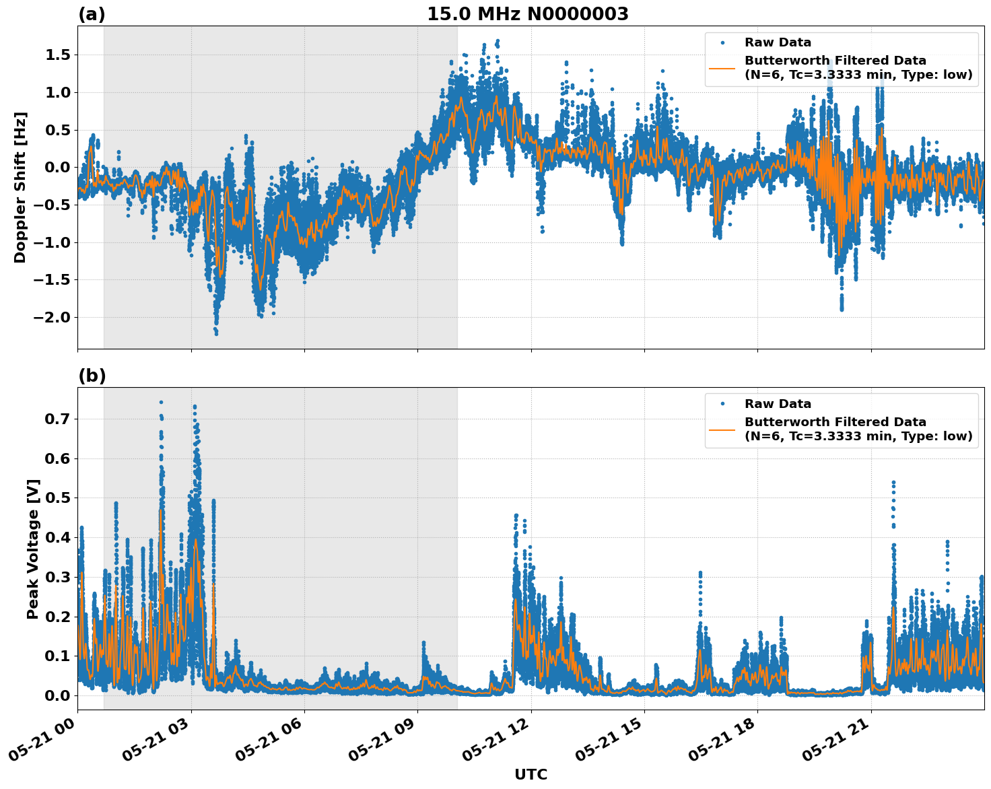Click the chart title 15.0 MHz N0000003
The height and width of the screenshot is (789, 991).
coord(527,14)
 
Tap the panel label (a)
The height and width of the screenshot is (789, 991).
coord(92,14)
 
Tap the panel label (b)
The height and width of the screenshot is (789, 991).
coord(92,376)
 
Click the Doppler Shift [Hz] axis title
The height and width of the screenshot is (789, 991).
coord(20,187)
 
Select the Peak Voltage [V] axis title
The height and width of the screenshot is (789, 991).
coord(33,549)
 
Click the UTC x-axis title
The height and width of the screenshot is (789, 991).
coord(531,774)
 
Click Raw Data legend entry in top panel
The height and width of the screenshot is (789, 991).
coord(778,42)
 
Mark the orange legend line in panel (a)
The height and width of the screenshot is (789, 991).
coord(722,68)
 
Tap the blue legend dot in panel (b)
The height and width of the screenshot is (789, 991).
coord(722,404)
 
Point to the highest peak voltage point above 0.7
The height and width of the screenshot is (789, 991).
coord(161,403)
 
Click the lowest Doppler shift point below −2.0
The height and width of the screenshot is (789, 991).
coord(216,333)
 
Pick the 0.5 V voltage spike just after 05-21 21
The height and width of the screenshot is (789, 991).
coord(893,483)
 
